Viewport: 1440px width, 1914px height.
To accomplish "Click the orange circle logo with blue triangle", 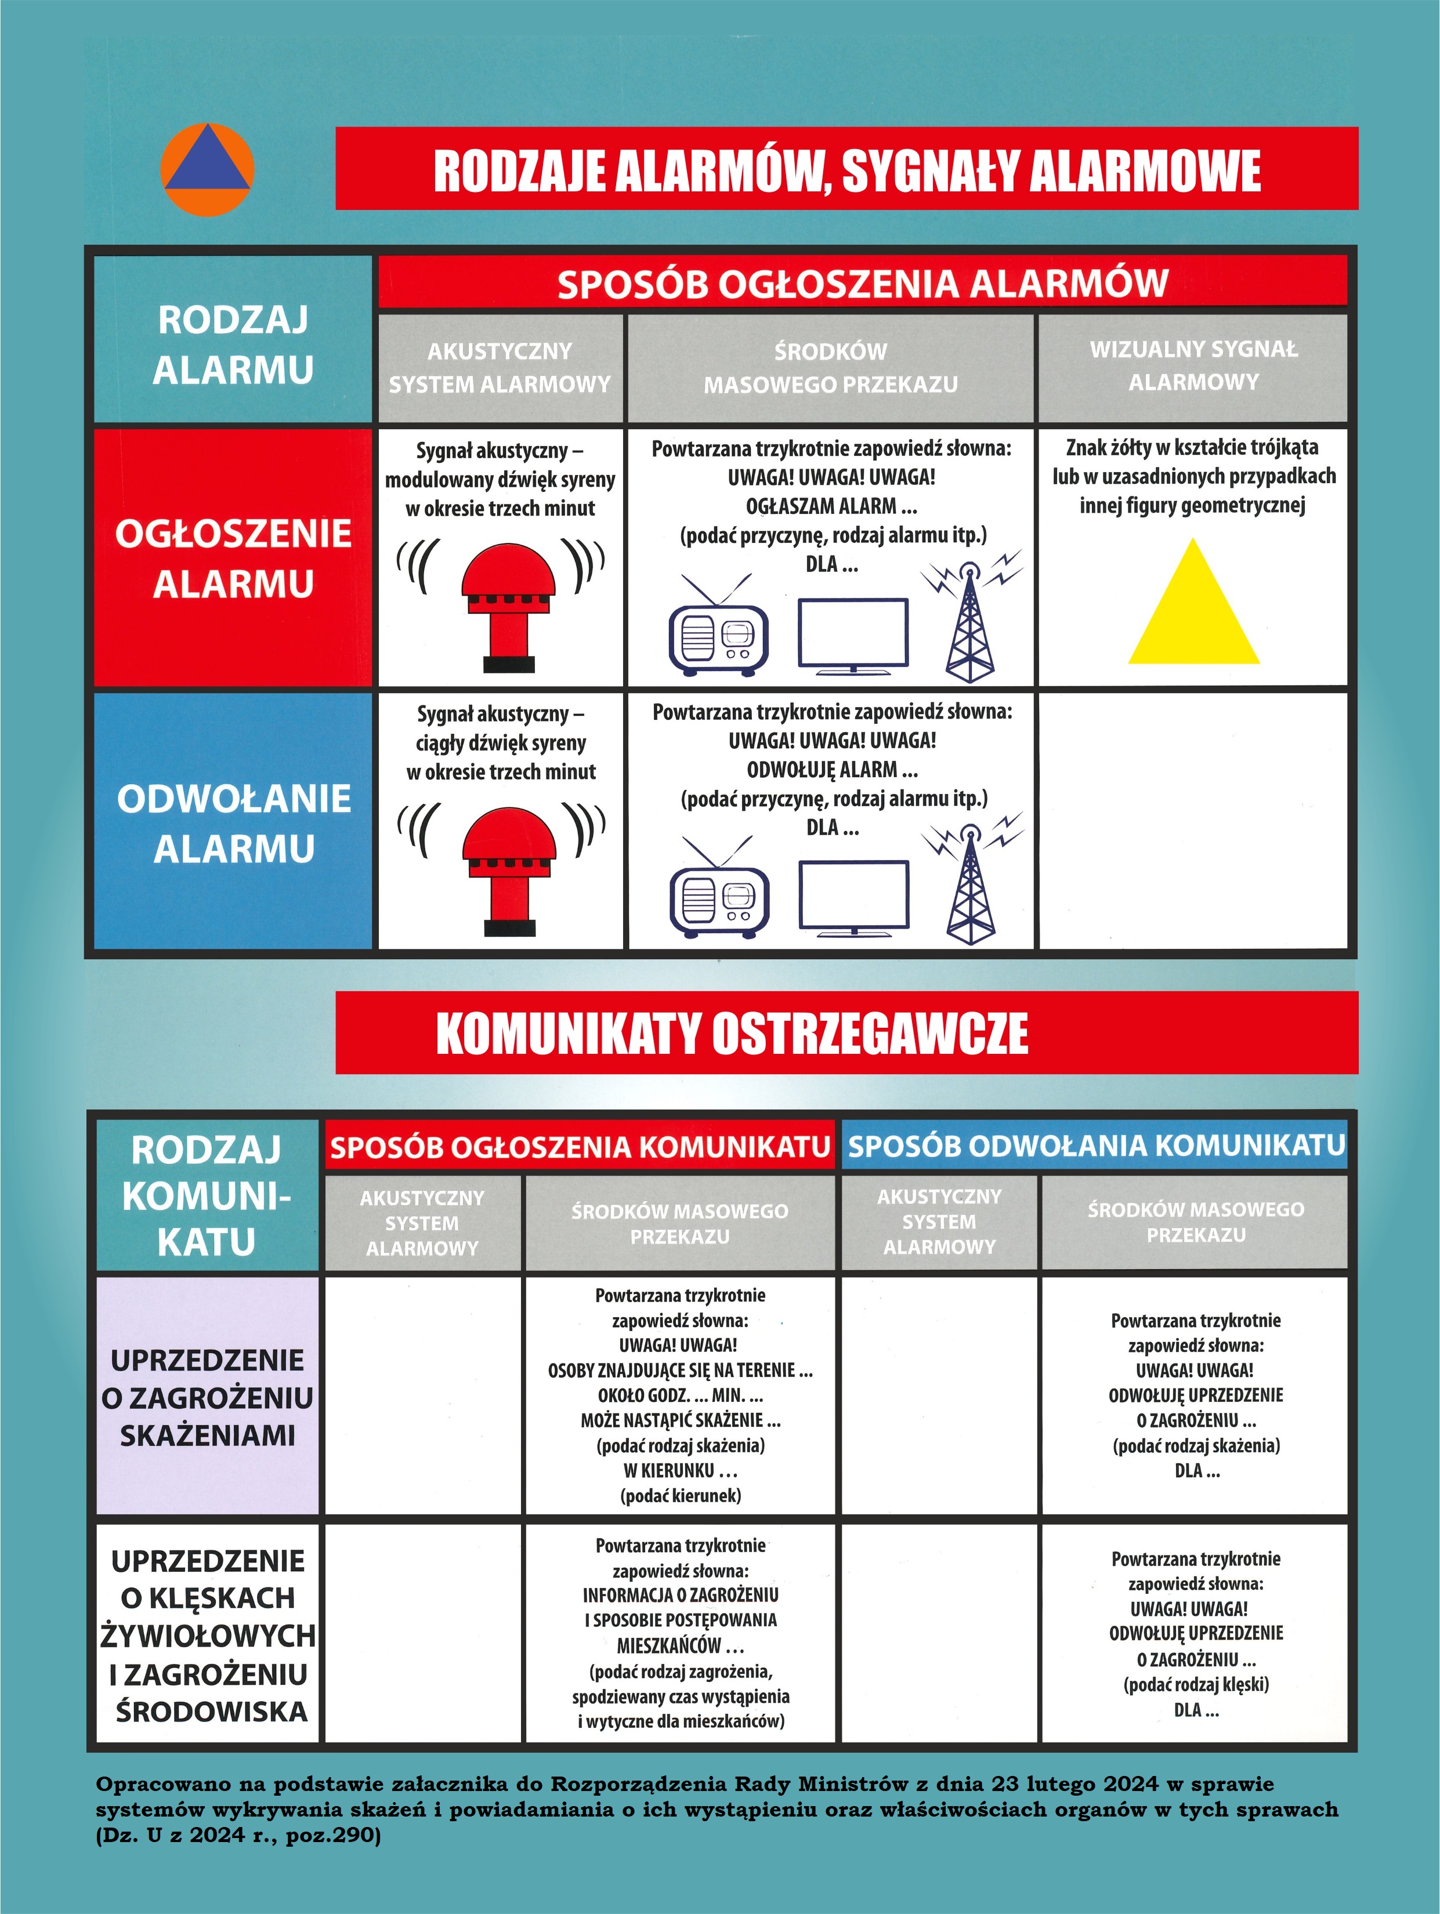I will coord(207,169).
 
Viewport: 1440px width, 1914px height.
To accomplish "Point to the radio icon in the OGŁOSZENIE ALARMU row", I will coord(718,636).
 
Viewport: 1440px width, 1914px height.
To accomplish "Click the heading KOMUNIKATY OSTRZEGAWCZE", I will coord(732,1033).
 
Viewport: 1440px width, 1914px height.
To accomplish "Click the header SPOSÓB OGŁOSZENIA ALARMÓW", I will coord(862,284).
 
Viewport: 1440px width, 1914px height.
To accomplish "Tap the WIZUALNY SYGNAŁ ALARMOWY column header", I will coord(1193,366).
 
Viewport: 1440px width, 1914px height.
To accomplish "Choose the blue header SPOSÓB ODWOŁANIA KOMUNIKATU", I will coord(1095,1145).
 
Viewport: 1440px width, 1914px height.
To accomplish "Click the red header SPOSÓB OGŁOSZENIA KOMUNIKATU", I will coord(580,1147).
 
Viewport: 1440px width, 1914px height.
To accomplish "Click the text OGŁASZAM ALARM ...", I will coord(820,506).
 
